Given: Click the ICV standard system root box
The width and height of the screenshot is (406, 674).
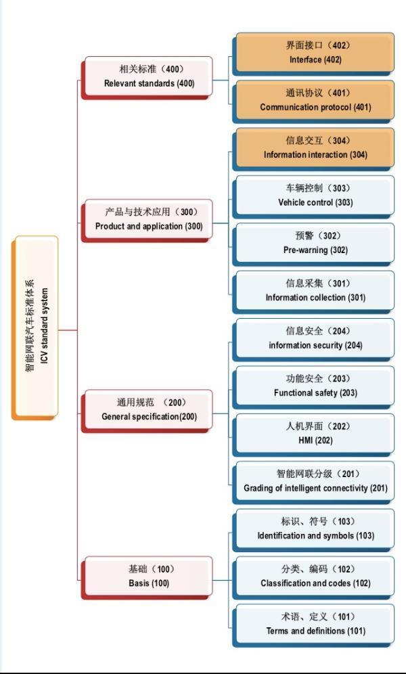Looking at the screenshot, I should tap(36, 327).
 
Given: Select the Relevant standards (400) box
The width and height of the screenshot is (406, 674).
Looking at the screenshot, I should tap(148, 76).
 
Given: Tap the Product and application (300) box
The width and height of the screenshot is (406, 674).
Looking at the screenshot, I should tap(148, 219).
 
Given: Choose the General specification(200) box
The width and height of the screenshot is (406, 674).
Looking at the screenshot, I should tap(148, 409).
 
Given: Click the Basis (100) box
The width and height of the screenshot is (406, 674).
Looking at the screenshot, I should tap(148, 576).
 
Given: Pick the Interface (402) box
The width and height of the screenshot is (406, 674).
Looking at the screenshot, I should tap(314, 53).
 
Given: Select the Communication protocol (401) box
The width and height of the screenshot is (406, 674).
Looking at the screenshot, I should tap(314, 100).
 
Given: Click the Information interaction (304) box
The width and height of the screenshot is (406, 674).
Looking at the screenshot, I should tap(314, 148).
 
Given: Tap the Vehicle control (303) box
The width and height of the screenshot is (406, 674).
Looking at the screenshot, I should tap(314, 195).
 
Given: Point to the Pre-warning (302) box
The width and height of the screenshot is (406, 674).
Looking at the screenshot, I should tap(314, 243).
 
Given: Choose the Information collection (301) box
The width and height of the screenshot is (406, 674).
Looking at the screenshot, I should tap(314, 290).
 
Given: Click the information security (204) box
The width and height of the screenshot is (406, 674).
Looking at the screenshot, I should tap(314, 338).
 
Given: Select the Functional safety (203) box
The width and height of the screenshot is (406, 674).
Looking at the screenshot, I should tap(314, 386).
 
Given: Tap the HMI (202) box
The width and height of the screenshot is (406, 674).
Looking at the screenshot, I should tap(314, 433).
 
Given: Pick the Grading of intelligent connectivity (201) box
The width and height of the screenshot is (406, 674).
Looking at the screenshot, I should tap(314, 480).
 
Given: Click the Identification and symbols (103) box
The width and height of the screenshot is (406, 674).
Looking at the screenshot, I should tap(314, 529).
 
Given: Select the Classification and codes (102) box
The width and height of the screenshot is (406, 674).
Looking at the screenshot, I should tap(314, 576).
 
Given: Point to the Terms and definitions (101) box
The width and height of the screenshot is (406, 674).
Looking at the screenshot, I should tap(314, 623).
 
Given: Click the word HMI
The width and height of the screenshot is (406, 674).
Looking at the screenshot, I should tap(305, 441).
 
